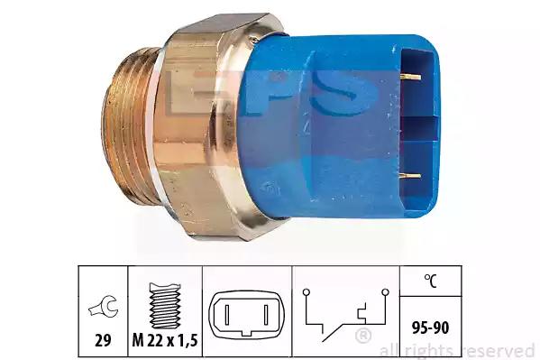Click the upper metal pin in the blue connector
pyautogui.click(x=410, y=76)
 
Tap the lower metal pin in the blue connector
pyautogui.click(x=410, y=176)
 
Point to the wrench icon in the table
pyautogui.click(x=104, y=306)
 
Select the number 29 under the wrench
pyautogui.click(x=103, y=341)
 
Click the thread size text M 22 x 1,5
pyautogui.click(x=165, y=341)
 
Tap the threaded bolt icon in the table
pyautogui.click(x=165, y=306)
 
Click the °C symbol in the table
pyautogui.click(x=430, y=281)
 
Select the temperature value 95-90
pyautogui.click(x=431, y=328)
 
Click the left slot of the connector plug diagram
pyautogui.click(x=227, y=315)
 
